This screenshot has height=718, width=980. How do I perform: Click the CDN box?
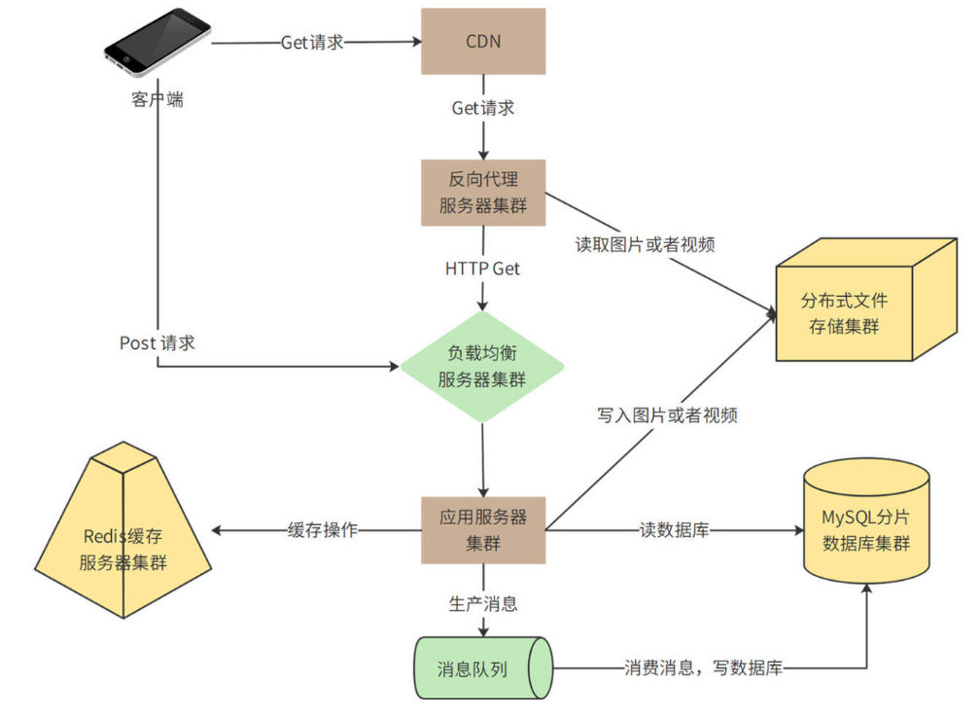(x=483, y=42)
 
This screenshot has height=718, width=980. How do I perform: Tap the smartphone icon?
(x=157, y=42)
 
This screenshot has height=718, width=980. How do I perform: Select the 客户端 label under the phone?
(x=157, y=99)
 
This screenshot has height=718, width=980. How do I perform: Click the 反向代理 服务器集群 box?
(x=483, y=193)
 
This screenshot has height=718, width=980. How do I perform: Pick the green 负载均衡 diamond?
(x=483, y=367)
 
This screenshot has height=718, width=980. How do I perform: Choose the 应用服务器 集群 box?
(x=483, y=530)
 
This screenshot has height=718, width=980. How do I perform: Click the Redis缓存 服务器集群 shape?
(x=123, y=545)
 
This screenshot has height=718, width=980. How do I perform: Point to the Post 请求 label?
(x=157, y=342)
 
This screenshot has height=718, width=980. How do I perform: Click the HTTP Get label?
(x=483, y=269)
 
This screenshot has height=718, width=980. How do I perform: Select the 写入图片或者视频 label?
(x=667, y=415)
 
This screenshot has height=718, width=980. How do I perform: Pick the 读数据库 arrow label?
(x=674, y=530)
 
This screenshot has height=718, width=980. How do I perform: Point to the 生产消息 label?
(x=483, y=603)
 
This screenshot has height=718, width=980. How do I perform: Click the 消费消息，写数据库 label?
(x=703, y=668)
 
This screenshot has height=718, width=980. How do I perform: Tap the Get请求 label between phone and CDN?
(x=312, y=43)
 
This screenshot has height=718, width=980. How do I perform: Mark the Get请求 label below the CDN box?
(x=483, y=108)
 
